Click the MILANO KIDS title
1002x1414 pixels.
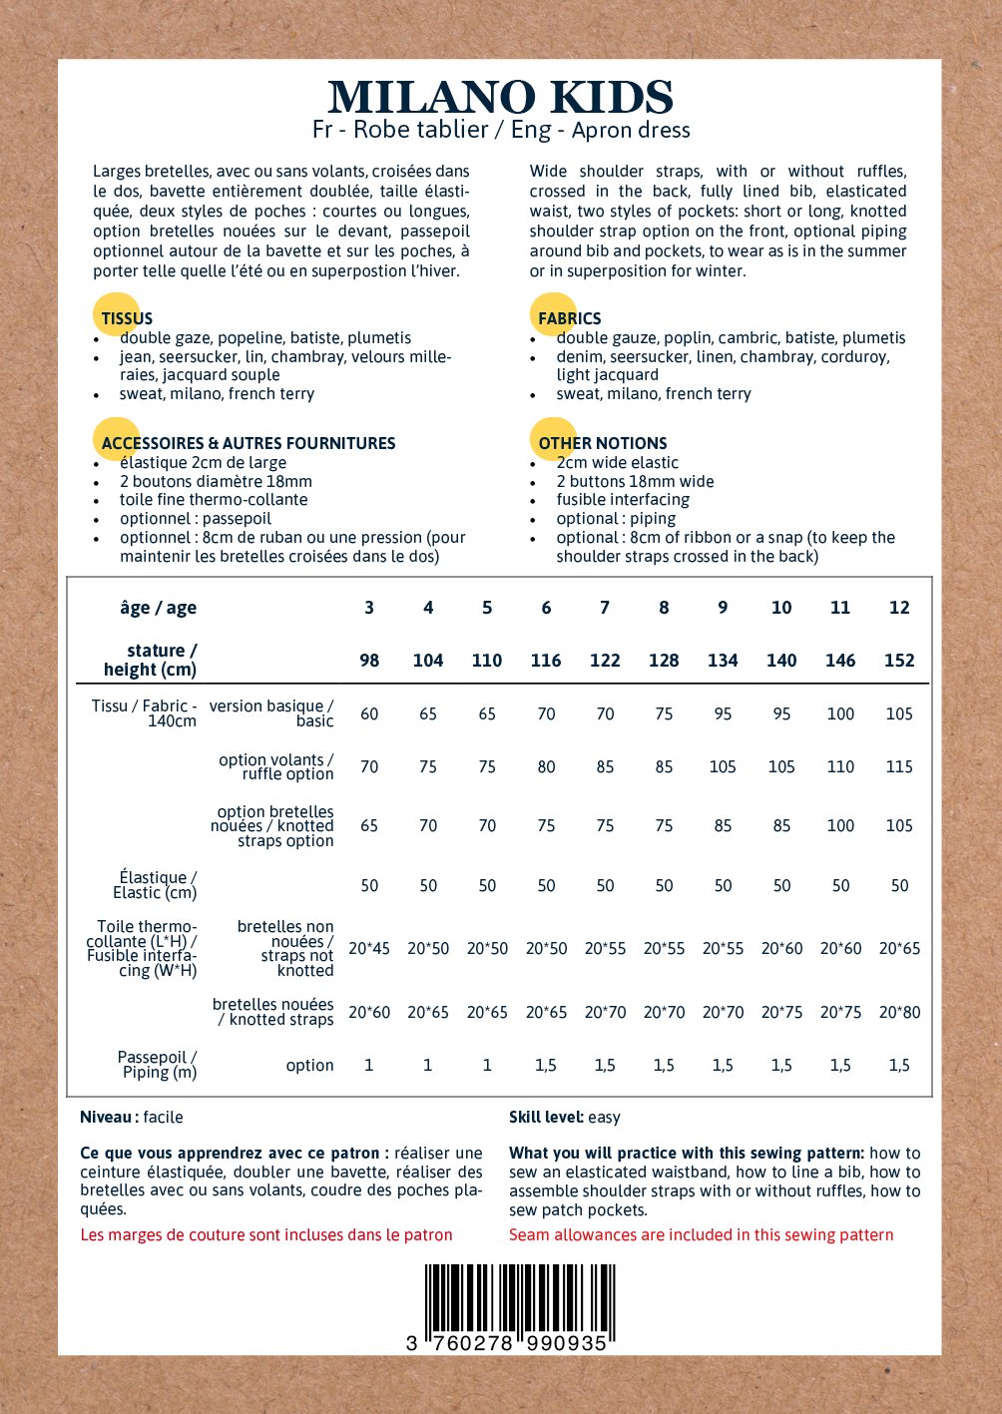[500, 97]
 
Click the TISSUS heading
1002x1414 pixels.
[127, 318]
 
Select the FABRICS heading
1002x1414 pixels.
[569, 318]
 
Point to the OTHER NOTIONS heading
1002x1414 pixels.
[602, 443]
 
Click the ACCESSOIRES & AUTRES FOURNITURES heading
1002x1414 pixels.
[249, 443]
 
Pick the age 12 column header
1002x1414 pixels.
[899, 608]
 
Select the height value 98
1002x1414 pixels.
[369, 661]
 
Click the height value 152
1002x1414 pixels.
[899, 661]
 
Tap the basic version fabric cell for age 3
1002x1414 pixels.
[369, 714]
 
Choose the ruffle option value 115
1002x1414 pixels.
[899, 767]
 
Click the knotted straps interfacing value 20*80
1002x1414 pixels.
[899, 1013]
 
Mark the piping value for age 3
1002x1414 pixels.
[369, 1066]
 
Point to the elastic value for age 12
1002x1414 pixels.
[899, 886]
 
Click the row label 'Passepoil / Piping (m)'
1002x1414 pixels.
[158, 1065]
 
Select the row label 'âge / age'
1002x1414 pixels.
[158, 608]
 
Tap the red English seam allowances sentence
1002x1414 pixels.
[701, 1235]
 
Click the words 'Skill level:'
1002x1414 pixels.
[546, 1118]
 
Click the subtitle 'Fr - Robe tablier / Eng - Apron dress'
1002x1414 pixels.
[501, 130]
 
